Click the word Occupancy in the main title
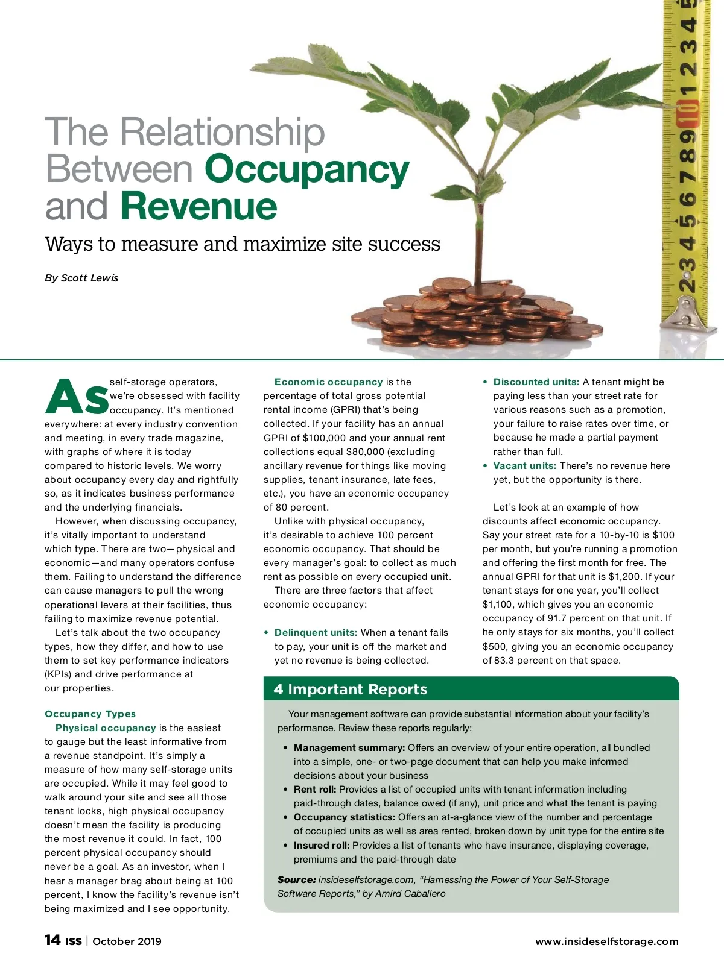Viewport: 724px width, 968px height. point(307,170)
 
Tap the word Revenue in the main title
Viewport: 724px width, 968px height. point(198,207)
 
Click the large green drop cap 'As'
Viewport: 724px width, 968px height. point(77,397)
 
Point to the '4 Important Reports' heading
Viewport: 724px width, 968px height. point(351,690)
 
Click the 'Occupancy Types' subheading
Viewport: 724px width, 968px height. point(90,714)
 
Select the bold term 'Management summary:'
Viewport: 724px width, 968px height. point(349,748)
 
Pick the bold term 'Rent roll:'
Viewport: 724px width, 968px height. point(315,790)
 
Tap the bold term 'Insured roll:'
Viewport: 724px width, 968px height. point(322,846)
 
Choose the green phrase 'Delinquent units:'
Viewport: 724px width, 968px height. point(316,633)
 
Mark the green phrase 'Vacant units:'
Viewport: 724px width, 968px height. point(524,466)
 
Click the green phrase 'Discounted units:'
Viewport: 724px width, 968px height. point(536,382)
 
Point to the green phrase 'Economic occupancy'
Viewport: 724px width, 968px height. point(328,382)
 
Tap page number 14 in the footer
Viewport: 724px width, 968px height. point(52,940)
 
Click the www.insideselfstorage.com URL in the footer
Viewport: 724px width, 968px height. point(606,941)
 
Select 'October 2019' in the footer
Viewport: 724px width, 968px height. point(127,941)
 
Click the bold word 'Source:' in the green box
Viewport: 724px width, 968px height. point(296,880)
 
